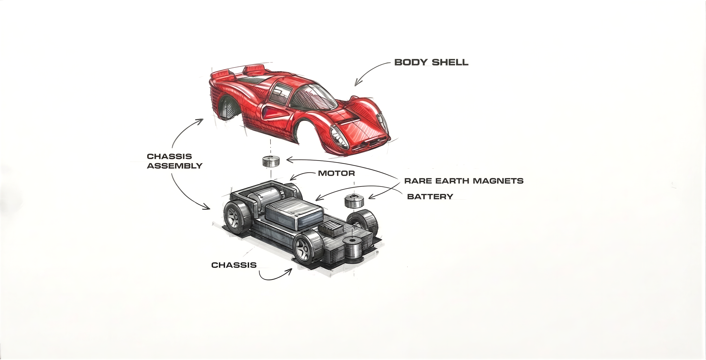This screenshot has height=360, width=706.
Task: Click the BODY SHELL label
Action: click(x=431, y=62)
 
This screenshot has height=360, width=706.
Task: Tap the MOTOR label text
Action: click(x=336, y=173)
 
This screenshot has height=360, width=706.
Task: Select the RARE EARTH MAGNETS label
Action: click(x=464, y=181)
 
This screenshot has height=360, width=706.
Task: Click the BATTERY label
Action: click(x=430, y=197)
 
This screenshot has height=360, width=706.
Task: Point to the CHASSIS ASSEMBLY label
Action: click(x=175, y=161)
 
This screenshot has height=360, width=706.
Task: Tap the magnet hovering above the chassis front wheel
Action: click(x=354, y=201)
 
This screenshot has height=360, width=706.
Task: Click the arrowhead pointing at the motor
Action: click(x=292, y=178)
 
